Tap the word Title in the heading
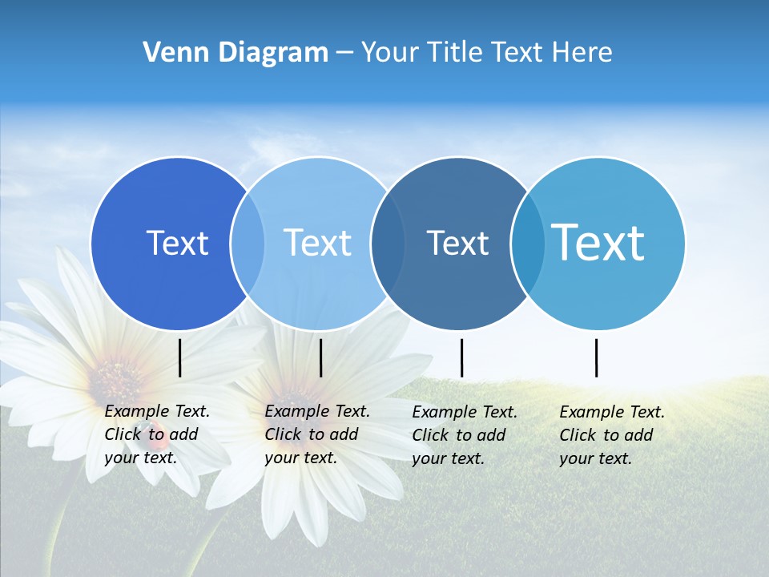pos(455,53)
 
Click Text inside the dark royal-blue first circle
pos(177,243)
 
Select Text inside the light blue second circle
pos(318,243)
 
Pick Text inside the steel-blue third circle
pos(457,243)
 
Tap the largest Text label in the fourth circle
pos(598,243)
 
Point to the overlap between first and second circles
pos(248,243)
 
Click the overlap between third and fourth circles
pos(526,243)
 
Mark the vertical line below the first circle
pos(180,357)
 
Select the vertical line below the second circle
pos(320,357)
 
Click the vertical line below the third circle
pos(462,357)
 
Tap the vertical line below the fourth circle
pos(597,357)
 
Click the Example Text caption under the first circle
pos(157,434)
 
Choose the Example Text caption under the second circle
pos(317,434)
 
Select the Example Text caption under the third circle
pos(465,435)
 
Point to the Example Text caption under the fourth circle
pos(612,435)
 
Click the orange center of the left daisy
pos(117,376)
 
